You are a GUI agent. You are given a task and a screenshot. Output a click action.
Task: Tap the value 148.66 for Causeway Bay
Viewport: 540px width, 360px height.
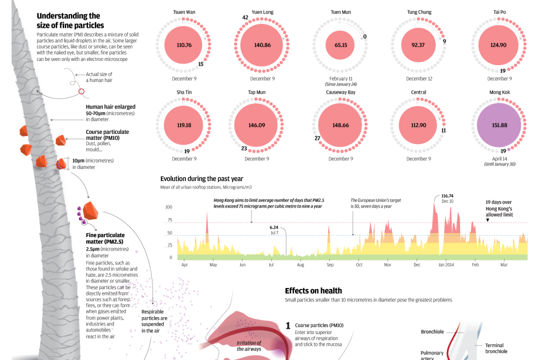point(340,125)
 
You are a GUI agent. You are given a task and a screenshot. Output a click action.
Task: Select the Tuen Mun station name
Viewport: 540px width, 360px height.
point(340,12)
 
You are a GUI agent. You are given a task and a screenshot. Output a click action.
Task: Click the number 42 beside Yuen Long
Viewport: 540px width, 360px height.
point(245,18)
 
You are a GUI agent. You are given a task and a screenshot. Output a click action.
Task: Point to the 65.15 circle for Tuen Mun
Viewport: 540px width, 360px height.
point(340,45)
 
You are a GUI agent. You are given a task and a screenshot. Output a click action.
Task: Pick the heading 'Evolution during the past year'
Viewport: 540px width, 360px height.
point(202,179)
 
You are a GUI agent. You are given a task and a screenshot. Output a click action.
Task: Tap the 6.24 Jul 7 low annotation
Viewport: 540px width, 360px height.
point(274,229)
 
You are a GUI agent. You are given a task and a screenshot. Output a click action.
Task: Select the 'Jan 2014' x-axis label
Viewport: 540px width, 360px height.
point(446,265)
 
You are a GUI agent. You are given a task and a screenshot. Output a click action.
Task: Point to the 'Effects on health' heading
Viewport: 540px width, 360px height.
point(313,291)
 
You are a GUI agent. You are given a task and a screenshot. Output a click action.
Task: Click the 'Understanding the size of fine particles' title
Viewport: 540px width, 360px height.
point(70,21)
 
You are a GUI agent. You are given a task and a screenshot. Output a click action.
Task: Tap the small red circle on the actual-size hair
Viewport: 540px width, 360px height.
point(81,91)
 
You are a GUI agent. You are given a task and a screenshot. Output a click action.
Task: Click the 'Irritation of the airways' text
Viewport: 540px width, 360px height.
point(248,346)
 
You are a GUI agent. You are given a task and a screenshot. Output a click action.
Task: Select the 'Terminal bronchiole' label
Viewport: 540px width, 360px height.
point(496,348)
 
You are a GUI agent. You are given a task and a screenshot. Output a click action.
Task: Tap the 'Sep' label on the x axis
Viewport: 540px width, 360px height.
point(330,265)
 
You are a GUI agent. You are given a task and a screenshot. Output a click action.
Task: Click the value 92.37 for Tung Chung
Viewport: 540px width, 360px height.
point(418,45)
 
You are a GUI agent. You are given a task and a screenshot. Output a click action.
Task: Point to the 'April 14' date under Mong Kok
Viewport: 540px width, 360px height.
point(499,158)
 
